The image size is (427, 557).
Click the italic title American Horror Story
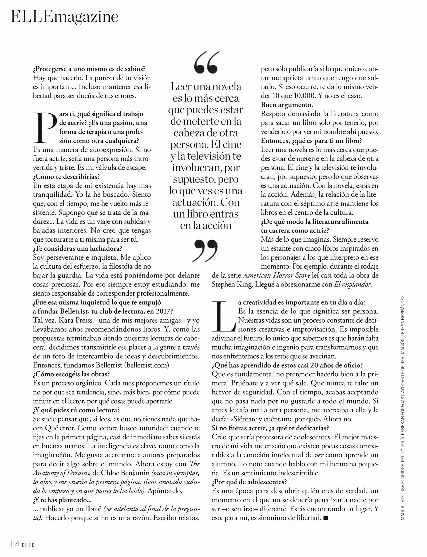click(x=276, y=275)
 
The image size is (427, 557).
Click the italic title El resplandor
click(x=353, y=284)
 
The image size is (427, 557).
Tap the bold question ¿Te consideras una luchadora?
click(x=77, y=248)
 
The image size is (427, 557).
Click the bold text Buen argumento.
click(x=287, y=105)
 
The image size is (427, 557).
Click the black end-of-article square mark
click(x=325, y=518)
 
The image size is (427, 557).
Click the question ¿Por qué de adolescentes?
click(x=249, y=482)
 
